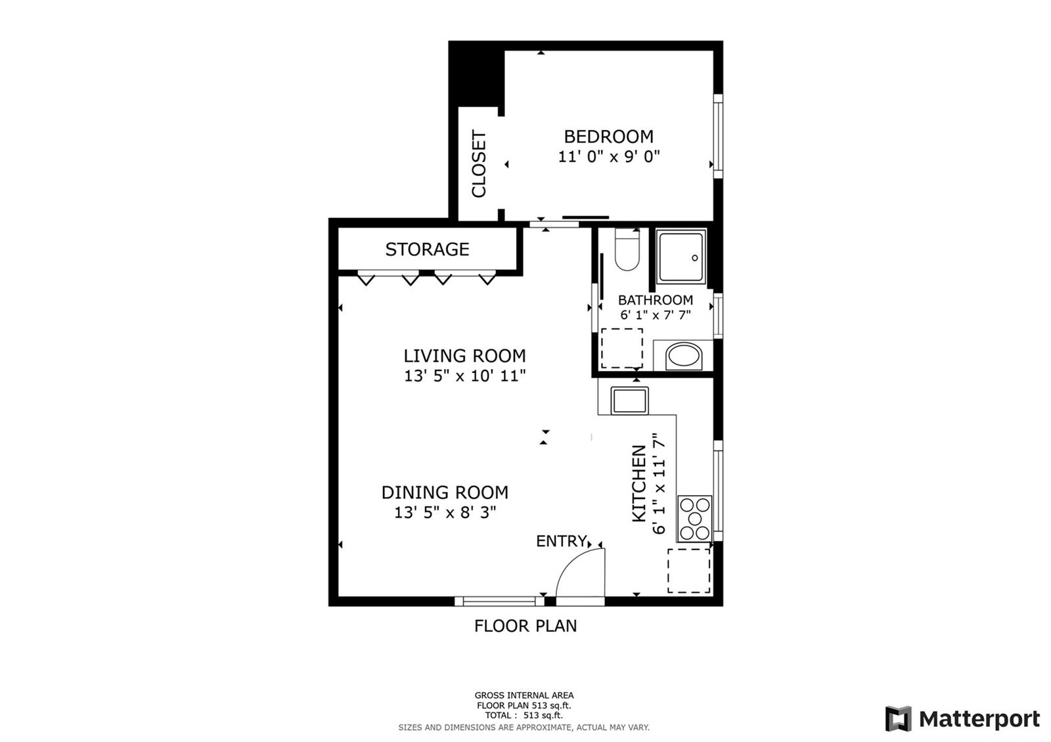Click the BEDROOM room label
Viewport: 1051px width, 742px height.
coord(608,137)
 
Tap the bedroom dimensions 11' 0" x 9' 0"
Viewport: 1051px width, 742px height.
coord(608,156)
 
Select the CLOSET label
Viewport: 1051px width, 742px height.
coord(479,164)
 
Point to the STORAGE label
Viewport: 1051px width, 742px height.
coord(427,249)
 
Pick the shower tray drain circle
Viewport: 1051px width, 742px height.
coord(694,258)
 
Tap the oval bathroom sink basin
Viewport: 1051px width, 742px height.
coord(684,355)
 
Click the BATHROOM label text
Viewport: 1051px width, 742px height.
coord(655,299)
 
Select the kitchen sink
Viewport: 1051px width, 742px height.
coord(630,401)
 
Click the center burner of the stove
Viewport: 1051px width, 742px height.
coord(694,518)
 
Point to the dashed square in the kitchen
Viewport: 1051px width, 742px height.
coord(689,571)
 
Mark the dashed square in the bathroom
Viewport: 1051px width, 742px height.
coord(622,349)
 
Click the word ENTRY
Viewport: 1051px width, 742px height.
coord(561,541)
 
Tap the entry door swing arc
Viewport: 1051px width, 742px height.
coord(570,562)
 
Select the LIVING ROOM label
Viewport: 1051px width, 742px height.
coord(464,356)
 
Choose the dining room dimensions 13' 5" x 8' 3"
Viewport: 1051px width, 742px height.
coord(445,512)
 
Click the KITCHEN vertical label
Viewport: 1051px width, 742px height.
coord(639,483)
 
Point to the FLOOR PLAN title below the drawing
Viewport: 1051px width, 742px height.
coord(525,626)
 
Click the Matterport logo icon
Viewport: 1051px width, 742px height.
coord(898,718)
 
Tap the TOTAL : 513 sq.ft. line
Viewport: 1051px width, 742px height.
coord(524,715)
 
